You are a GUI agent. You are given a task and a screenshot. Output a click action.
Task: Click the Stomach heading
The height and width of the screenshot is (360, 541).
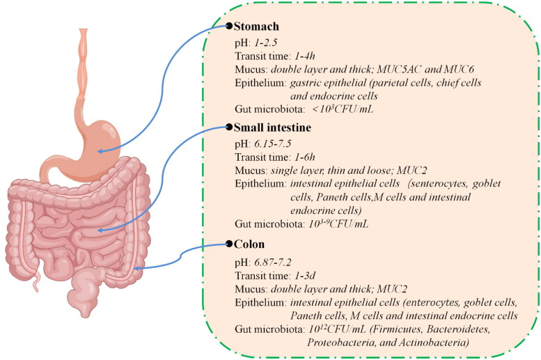point(256,27)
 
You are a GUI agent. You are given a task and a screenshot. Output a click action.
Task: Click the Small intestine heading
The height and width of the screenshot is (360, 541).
point(274,128)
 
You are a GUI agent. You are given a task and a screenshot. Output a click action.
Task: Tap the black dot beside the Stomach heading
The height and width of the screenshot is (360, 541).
point(228,26)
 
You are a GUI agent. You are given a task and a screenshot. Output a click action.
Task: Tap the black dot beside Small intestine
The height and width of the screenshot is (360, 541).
point(228,127)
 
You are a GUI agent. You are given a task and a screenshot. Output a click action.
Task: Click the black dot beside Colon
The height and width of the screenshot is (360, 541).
point(228,244)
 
